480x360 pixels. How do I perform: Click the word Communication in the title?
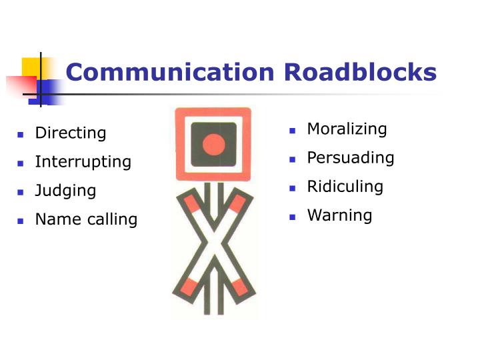click(x=170, y=72)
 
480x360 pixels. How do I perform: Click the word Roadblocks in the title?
click(x=360, y=72)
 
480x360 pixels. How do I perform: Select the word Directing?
click(x=71, y=133)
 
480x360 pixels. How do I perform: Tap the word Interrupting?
click(x=83, y=162)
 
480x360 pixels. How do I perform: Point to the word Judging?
click(x=65, y=191)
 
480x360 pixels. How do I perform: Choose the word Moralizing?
click(x=347, y=129)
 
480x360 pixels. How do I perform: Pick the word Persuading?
click(x=351, y=158)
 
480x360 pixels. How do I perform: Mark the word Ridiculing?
click(x=345, y=187)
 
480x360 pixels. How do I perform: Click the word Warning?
click(x=340, y=215)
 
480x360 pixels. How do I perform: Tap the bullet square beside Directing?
click(x=21, y=135)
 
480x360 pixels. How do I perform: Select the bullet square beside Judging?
click(x=21, y=192)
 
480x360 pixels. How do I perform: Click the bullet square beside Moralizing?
click(x=293, y=131)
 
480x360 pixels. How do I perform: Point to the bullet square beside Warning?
click(x=293, y=217)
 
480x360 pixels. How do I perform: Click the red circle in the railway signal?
click(x=214, y=145)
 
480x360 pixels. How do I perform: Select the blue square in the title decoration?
click(x=46, y=92)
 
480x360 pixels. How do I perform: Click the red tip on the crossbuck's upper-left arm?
click(x=192, y=203)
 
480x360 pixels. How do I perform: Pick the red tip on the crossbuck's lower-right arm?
click(x=239, y=287)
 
